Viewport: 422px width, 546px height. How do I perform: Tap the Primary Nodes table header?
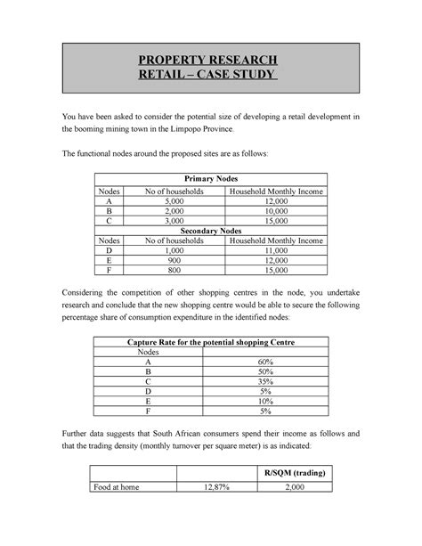(x=210, y=178)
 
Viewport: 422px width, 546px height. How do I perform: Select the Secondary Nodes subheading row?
(x=210, y=229)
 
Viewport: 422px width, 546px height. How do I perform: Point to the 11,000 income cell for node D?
(x=277, y=254)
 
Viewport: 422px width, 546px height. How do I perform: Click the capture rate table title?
(x=210, y=343)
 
